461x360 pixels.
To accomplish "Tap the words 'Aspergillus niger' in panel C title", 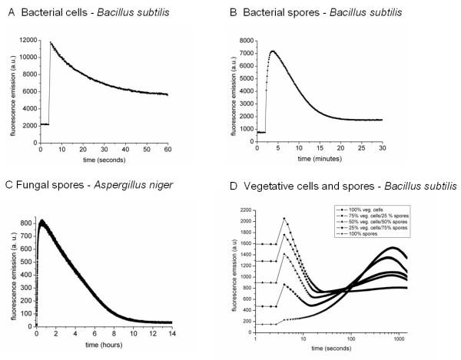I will (136, 185).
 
